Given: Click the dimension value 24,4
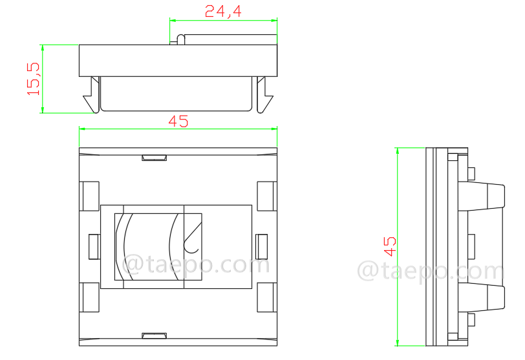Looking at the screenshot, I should (223, 11).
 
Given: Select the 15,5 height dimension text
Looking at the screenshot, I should (34, 79).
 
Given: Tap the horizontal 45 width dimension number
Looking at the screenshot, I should (178, 121).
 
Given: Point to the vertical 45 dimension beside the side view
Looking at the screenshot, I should (390, 246).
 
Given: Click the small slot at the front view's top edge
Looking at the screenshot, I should (154, 157).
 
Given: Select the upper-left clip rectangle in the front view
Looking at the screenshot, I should (89, 196).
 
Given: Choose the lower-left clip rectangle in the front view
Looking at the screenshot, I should (89, 297).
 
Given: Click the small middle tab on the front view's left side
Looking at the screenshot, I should (93, 246).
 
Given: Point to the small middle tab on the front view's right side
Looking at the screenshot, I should (262, 246).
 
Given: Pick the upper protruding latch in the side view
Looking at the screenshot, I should (485, 196).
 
